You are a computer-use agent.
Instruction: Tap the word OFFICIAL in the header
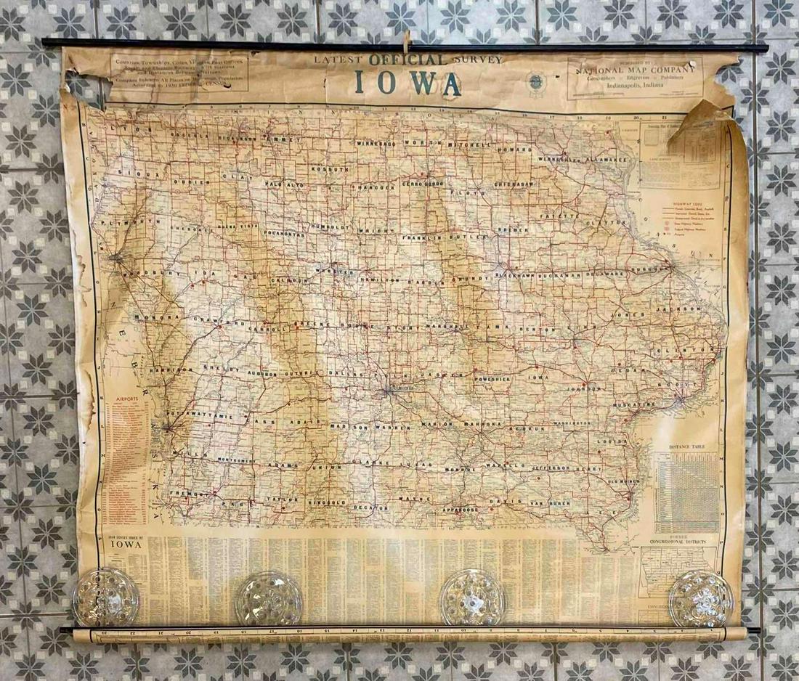tap(407, 60)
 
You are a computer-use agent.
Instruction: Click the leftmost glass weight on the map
tap(105, 597)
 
